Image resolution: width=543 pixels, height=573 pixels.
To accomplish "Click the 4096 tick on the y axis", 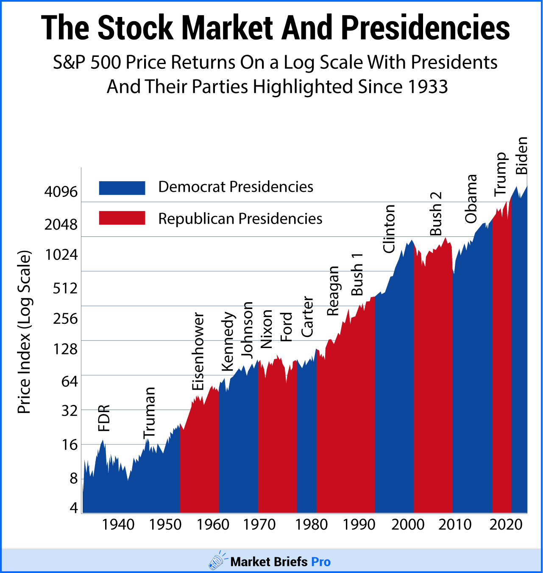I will (61, 192).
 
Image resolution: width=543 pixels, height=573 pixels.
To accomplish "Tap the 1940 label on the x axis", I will (118, 525).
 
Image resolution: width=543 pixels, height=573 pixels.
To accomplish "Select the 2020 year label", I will (506, 525).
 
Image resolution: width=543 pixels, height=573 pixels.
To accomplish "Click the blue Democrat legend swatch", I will (122, 188).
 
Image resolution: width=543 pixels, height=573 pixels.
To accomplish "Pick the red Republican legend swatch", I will (122, 218).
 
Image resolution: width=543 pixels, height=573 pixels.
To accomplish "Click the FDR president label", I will (104, 418).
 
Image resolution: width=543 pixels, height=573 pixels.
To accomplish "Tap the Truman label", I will (150, 413).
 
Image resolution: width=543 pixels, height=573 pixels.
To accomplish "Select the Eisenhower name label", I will (198, 351).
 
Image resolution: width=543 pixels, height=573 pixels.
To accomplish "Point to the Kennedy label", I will (228, 342).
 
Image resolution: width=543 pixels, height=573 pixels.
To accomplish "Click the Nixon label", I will (266, 329).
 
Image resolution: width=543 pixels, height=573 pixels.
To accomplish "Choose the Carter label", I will (307, 317).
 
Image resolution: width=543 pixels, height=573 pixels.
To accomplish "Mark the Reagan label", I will (333, 291).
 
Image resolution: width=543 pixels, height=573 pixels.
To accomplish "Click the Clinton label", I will (389, 229).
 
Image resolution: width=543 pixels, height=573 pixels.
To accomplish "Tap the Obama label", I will (471, 199).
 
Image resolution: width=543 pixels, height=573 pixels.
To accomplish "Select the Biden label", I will (522, 155).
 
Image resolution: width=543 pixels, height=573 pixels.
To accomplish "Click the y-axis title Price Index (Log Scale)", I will (24, 332).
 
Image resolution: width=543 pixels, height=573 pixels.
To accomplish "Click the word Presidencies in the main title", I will (425, 28).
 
